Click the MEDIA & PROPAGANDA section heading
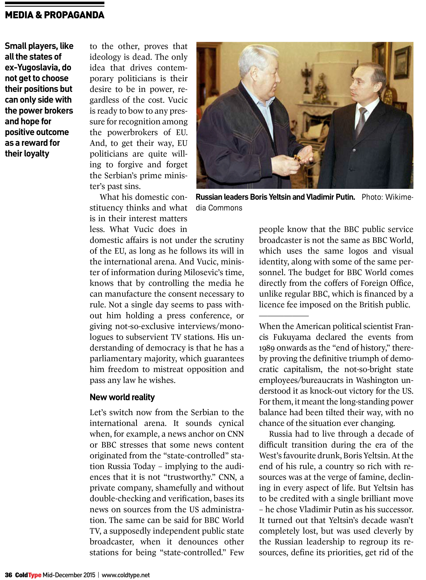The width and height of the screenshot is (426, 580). (55, 15)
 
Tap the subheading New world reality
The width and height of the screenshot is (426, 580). (122, 397)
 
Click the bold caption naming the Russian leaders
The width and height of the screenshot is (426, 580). (275, 197)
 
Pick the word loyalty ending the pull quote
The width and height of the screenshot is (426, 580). (38, 154)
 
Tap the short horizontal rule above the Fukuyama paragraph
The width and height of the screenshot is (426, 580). (284, 316)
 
